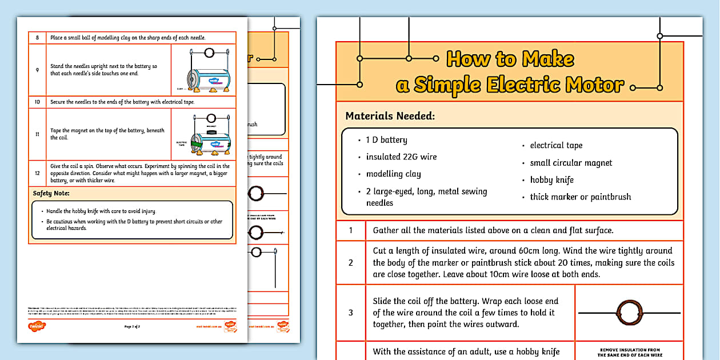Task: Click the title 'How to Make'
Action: (510, 59)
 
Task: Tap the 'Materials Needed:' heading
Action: (390, 116)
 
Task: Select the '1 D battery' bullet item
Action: (386, 140)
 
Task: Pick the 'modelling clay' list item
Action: (393, 174)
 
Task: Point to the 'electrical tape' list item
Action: (556, 145)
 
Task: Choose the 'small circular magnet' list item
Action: (570, 163)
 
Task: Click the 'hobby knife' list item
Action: (551, 180)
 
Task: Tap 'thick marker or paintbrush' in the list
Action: (580, 197)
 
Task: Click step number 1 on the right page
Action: (351, 231)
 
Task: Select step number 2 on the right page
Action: (351, 262)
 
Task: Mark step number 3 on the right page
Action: (351, 313)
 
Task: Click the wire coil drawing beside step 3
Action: (629, 313)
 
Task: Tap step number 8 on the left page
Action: (37, 38)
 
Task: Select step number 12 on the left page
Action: (37, 173)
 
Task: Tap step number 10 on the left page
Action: (37, 102)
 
